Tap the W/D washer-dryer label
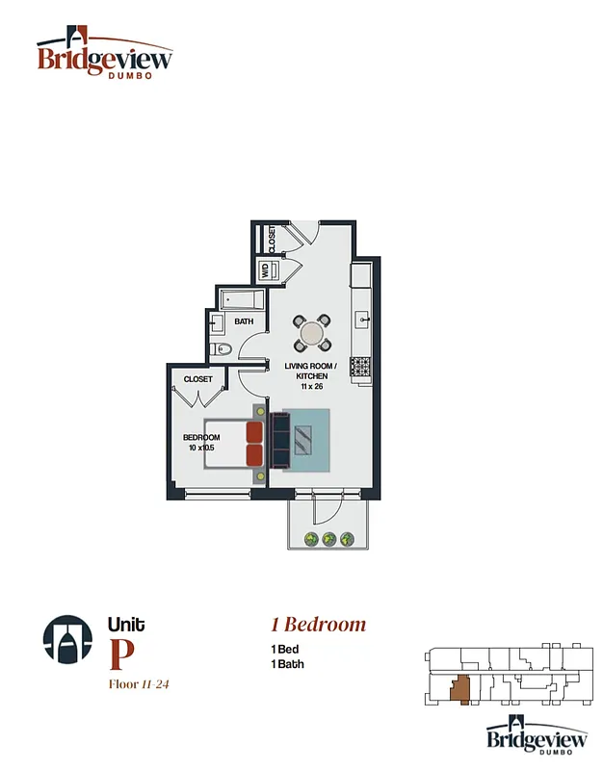[265, 269]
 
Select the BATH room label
[243, 321]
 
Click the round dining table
[312, 333]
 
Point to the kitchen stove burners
[361, 366]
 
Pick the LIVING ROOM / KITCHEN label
[311, 371]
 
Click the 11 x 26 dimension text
[311, 387]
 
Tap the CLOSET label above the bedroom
[197, 379]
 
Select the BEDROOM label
[201, 437]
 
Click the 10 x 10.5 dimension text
[201, 448]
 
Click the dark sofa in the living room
[280, 441]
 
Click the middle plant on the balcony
[328, 539]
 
